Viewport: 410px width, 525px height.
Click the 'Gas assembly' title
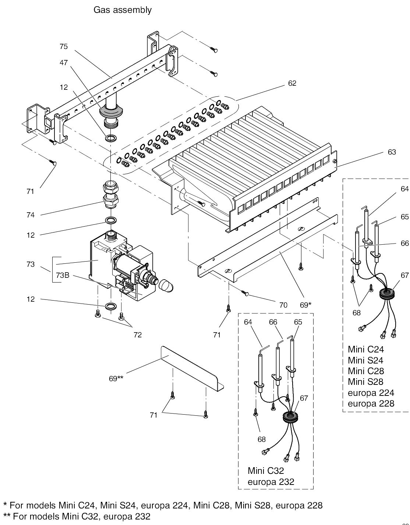(x=123, y=10)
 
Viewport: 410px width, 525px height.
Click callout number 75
(x=64, y=46)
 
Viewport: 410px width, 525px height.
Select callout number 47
(x=64, y=63)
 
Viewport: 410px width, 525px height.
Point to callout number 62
(x=292, y=83)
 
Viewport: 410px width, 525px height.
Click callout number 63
(x=392, y=152)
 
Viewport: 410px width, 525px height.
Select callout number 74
(x=31, y=215)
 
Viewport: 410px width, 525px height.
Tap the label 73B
(x=63, y=275)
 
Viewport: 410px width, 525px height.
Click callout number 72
(x=138, y=335)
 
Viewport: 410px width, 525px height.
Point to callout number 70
(x=283, y=305)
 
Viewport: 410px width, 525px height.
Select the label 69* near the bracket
(x=305, y=305)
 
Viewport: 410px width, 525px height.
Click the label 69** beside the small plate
(x=116, y=379)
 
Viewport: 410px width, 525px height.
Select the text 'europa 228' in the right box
(x=371, y=404)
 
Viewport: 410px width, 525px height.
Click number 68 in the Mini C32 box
(x=262, y=439)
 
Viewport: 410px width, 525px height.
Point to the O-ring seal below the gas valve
(x=111, y=306)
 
